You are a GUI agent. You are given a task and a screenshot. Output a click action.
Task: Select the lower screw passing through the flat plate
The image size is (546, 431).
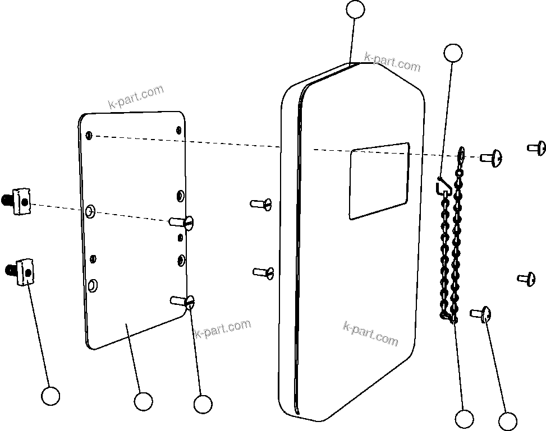(x=183, y=302)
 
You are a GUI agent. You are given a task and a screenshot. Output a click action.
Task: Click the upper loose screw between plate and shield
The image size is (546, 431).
(x=261, y=203)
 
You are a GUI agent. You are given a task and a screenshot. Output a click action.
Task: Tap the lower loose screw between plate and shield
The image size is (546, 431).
(x=263, y=272)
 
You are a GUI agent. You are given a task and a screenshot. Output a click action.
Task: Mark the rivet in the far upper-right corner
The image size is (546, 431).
(x=537, y=148)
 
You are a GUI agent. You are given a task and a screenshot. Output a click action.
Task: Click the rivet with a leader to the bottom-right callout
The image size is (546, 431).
(x=481, y=314)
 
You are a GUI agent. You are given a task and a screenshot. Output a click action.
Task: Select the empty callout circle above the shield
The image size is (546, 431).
(x=355, y=10)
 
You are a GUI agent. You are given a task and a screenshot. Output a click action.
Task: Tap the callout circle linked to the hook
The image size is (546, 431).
(x=453, y=53)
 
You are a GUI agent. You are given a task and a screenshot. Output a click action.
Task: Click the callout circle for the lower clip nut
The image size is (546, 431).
(x=51, y=396)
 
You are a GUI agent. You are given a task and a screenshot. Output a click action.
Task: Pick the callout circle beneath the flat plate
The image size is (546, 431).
(x=143, y=401)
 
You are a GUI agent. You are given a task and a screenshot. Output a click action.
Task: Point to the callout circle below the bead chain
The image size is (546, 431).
(x=464, y=419)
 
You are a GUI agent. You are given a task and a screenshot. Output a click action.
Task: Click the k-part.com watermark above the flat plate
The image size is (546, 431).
(x=136, y=97)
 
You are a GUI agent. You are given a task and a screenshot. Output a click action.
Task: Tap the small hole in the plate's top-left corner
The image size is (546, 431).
(x=89, y=135)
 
